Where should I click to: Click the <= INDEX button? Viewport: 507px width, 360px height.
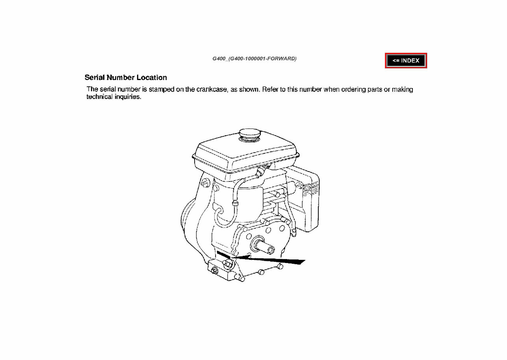[x=406, y=61]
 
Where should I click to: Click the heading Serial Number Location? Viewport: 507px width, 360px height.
[x=126, y=78]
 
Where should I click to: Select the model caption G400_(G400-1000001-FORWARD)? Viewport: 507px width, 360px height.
[x=254, y=59]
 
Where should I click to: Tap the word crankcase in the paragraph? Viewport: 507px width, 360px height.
[x=212, y=90]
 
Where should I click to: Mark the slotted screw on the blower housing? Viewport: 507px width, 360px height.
[x=205, y=182]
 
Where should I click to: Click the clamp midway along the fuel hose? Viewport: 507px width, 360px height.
[x=235, y=203]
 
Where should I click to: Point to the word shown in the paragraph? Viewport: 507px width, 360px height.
[x=249, y=90]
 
